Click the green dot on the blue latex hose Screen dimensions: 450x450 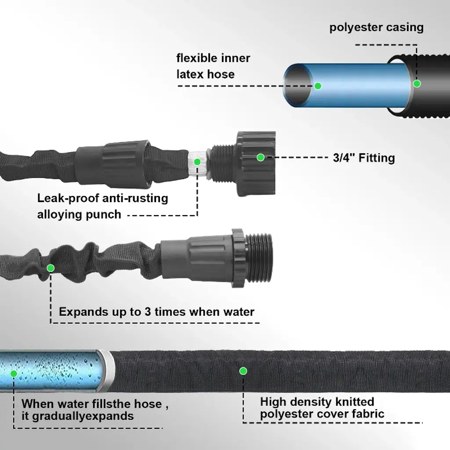pos(318,86)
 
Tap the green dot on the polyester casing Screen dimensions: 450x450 pos(417,83)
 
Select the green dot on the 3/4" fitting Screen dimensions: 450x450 pos(261,157)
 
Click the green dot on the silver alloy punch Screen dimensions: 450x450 pos(197,162)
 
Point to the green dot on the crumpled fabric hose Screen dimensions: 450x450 pos(51,267)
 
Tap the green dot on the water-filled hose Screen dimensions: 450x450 pos(14,374)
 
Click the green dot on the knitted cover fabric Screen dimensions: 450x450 pos(243,371)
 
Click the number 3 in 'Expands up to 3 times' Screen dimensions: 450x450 pos(148,312)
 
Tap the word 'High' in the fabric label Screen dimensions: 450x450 pos(275,402)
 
